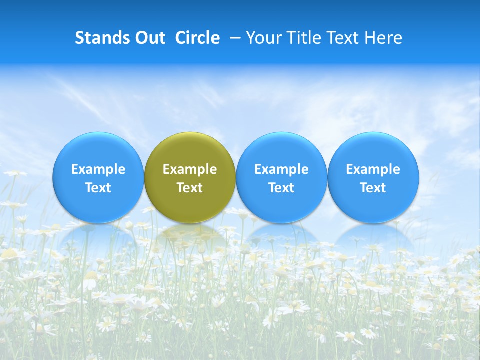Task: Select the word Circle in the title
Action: (x=197, y=38)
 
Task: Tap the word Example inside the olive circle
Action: (x=190, y=169)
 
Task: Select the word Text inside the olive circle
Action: (x=190, y=188)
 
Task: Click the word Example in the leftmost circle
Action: (x=98, y=169)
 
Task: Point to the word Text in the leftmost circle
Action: (x=98, y=188)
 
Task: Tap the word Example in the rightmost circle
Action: (x=373, y=169)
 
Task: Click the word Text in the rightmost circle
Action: (x=373, y=188)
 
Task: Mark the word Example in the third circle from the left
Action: (x=281, y=169)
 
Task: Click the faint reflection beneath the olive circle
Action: (x=190, y=235)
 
